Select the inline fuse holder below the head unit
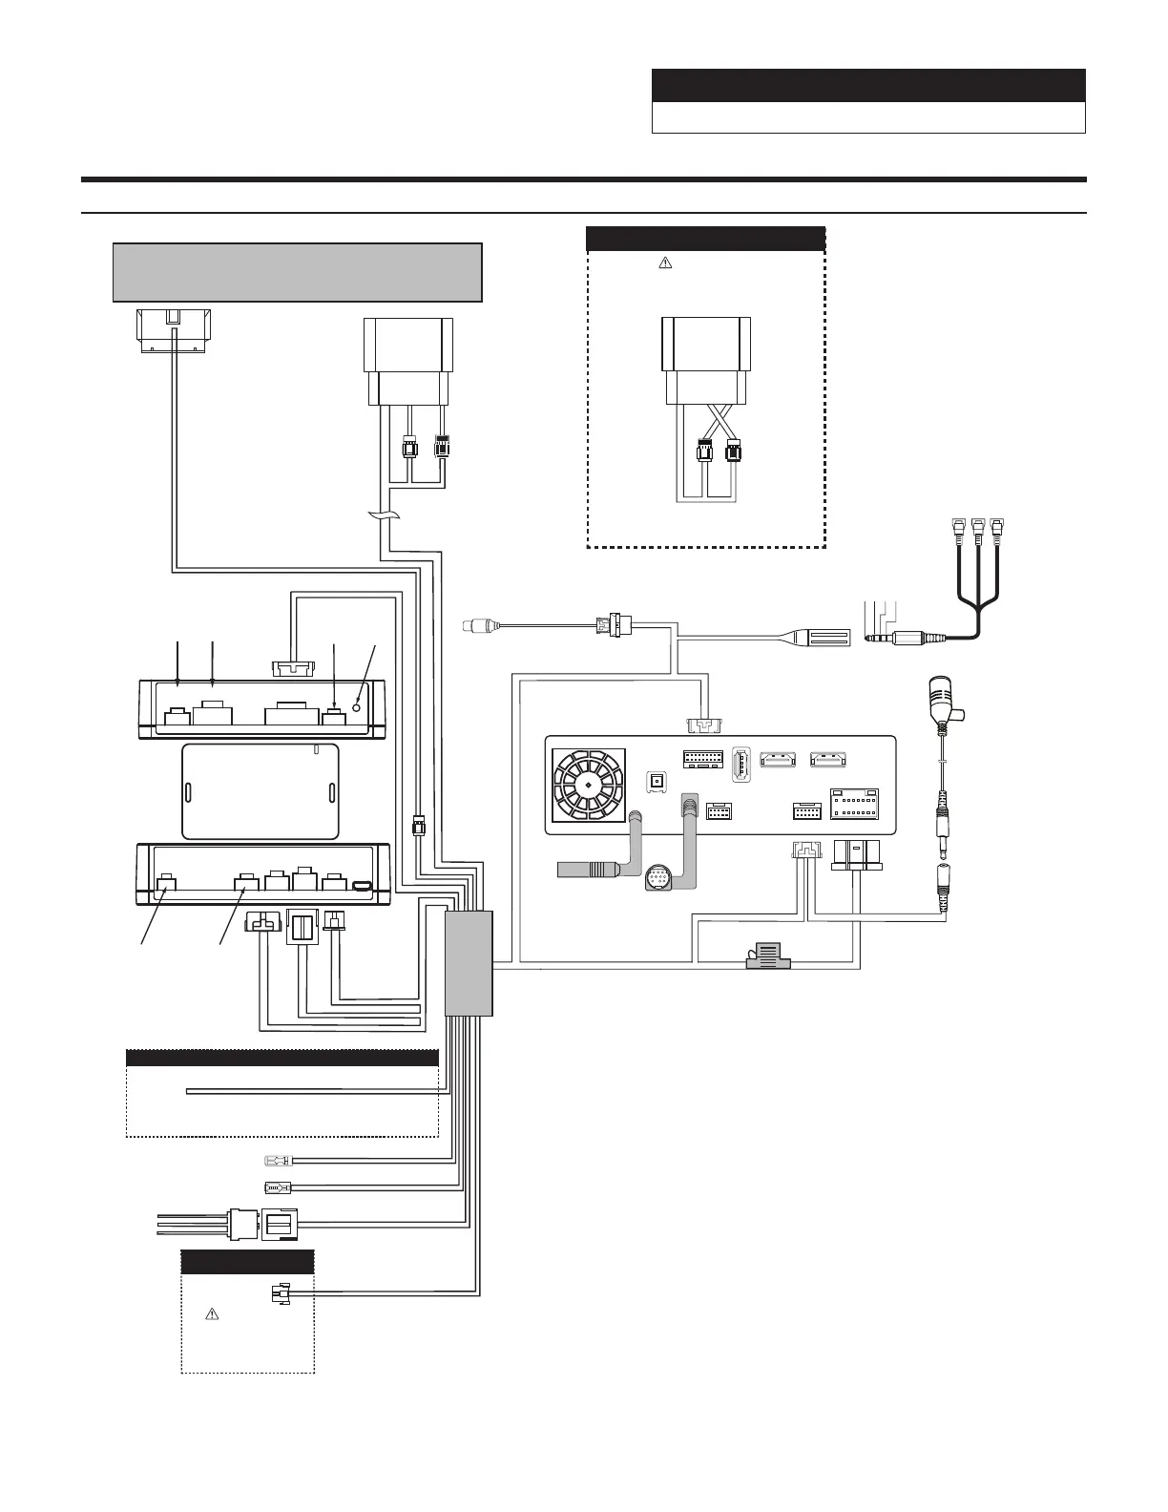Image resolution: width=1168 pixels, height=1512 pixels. pos(763,956)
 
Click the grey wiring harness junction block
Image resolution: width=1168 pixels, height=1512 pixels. pos(469,963)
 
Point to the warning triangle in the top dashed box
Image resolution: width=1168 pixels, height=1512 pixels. pos(666,263)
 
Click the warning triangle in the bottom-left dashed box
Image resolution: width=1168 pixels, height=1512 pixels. pos(213,1314)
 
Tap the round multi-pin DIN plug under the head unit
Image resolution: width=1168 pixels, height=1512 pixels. pos(660,876)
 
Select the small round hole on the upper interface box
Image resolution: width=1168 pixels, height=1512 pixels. pos(357,707)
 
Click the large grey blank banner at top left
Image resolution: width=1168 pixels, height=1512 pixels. pos(297,272)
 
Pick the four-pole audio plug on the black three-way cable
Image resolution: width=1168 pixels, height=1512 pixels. pos(902,637)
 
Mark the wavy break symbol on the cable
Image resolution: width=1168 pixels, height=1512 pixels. pos(382,516)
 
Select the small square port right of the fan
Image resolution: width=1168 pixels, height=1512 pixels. pos(656,781)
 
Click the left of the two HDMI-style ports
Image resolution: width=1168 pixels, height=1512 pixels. pos(778,761)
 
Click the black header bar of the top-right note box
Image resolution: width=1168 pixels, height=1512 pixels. pos(868,85)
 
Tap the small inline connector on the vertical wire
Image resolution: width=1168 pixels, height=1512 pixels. pos(417,824)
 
